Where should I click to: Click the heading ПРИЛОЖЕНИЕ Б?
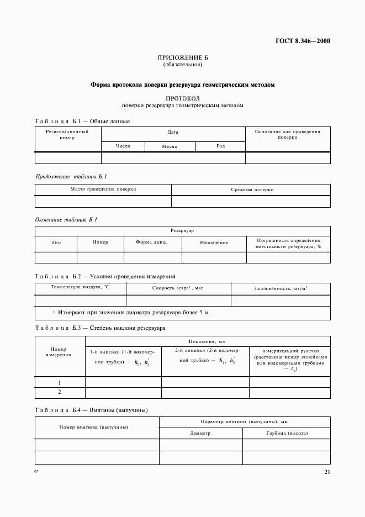pyautogui.click(x=182, y=57)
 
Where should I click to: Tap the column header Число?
pyautogui.click(x=123, y=146)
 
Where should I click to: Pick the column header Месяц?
pyautogui.click(x=169, y=146)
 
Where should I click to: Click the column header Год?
pyautogui.click(x=220, y=146)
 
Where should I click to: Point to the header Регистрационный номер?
pyautogui.click(x=67, y=135)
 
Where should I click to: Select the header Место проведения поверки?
pyautogui.click(x=103, y=189)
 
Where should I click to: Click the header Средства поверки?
pyautogui.click(x=252, y=189)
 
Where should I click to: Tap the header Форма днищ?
pyautogui.click(x=152, y=242)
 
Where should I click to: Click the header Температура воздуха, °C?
pyautogui.click(x=80, y=287)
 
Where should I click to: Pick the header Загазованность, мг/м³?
pyautogui.click(x=281, y=288)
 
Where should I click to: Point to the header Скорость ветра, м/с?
pyautogui.click(x=178, y=288)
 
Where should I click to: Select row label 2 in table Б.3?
pyautogui.click(x=59, y=392)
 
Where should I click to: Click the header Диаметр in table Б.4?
pyautogui.click(x=200, y=434)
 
